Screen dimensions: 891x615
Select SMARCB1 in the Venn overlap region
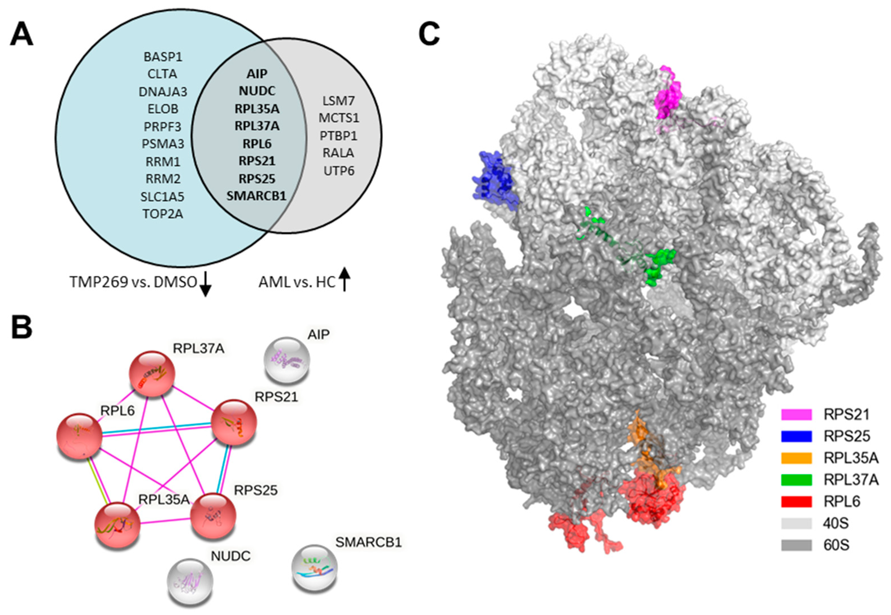coord(257,196)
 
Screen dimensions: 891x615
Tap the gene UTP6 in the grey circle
coord(338,171)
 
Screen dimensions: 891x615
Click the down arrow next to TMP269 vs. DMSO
coord(206,284)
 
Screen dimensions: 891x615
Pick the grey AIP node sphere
coord(286,360)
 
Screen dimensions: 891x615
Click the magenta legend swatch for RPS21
coord(797,414)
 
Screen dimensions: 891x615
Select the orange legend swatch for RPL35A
coord(797,458)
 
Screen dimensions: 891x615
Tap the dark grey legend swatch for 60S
coord(797,545)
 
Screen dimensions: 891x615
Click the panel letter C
coord(429,34)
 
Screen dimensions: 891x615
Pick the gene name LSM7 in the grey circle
coord(338,101)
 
